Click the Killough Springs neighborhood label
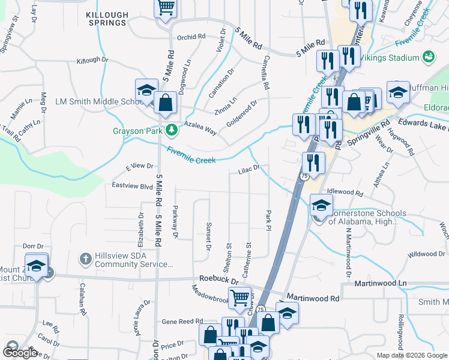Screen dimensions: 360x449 (106, 18)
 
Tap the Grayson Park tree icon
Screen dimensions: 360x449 (172, 130)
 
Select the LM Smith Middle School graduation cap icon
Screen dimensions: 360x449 (145, 91)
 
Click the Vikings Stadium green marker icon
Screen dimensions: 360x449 (429, 58)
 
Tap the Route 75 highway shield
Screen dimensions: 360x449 (304, 176)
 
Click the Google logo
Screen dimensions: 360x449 (20, 353)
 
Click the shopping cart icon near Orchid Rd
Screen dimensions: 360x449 (165, 8)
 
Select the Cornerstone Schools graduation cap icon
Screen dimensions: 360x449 (321, 206)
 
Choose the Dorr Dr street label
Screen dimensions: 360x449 (34, 246)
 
